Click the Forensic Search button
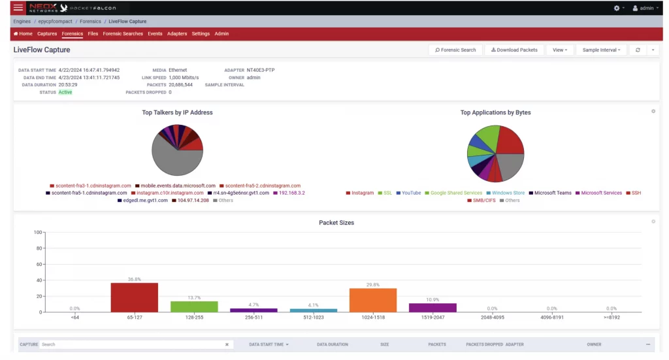click(x=456, y=50)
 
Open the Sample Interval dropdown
click(x=601, y=50)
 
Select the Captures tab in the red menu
click(x=47, y=33)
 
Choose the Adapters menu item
click(x=177, y=33)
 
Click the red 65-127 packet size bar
click(x=134, y=297)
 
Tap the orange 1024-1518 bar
click(x=373, y=300)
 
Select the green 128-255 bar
click(x=194, y=306)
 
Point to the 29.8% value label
click(x=373, y=285)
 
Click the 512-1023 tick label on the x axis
click(x=314, y=318)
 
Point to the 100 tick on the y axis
click(x=37, y=232)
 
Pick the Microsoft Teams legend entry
click(x=553, y=193)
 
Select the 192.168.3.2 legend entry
click(x=291, y=193)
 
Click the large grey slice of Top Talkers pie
click(x=171, y=159)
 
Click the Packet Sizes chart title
click(x=336, y=223)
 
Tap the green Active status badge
click(x=65, y=93)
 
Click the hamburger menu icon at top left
click(x=18, y=8)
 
